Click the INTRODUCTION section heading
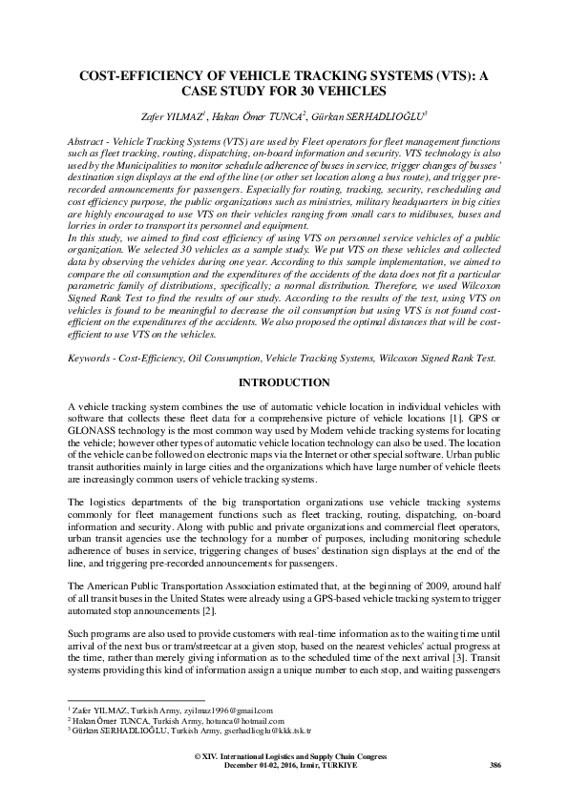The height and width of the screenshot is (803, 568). tap(283, 382)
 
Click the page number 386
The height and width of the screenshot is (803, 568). tap(494, 765)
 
